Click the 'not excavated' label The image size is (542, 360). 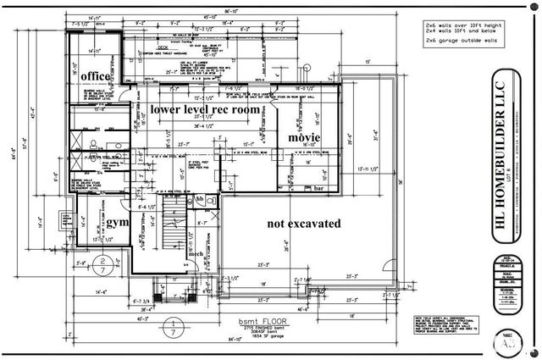coord(303,224)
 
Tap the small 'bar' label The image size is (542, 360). coord(319,189)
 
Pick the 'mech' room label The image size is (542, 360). coord(196,253)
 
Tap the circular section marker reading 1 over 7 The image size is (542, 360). coord(174,325)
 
